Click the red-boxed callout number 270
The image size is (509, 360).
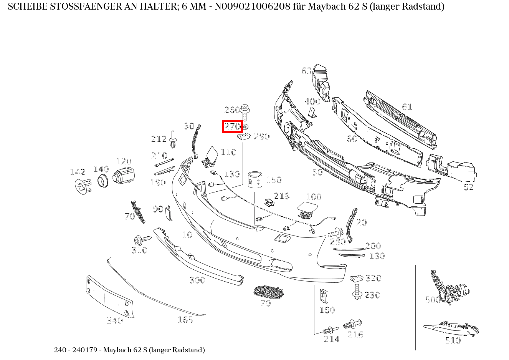pos(232,126)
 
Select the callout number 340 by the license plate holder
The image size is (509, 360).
pos(114,320)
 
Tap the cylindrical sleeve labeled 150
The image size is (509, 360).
pos(255,180)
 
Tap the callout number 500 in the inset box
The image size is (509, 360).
pos(433,300)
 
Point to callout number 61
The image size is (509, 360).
pos(407,106)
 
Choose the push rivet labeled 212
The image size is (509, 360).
pos(174,140)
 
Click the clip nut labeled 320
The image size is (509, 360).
pos(357,278)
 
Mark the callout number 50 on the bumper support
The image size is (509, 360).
pos(317,172)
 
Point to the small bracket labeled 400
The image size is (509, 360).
pos(313,112)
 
